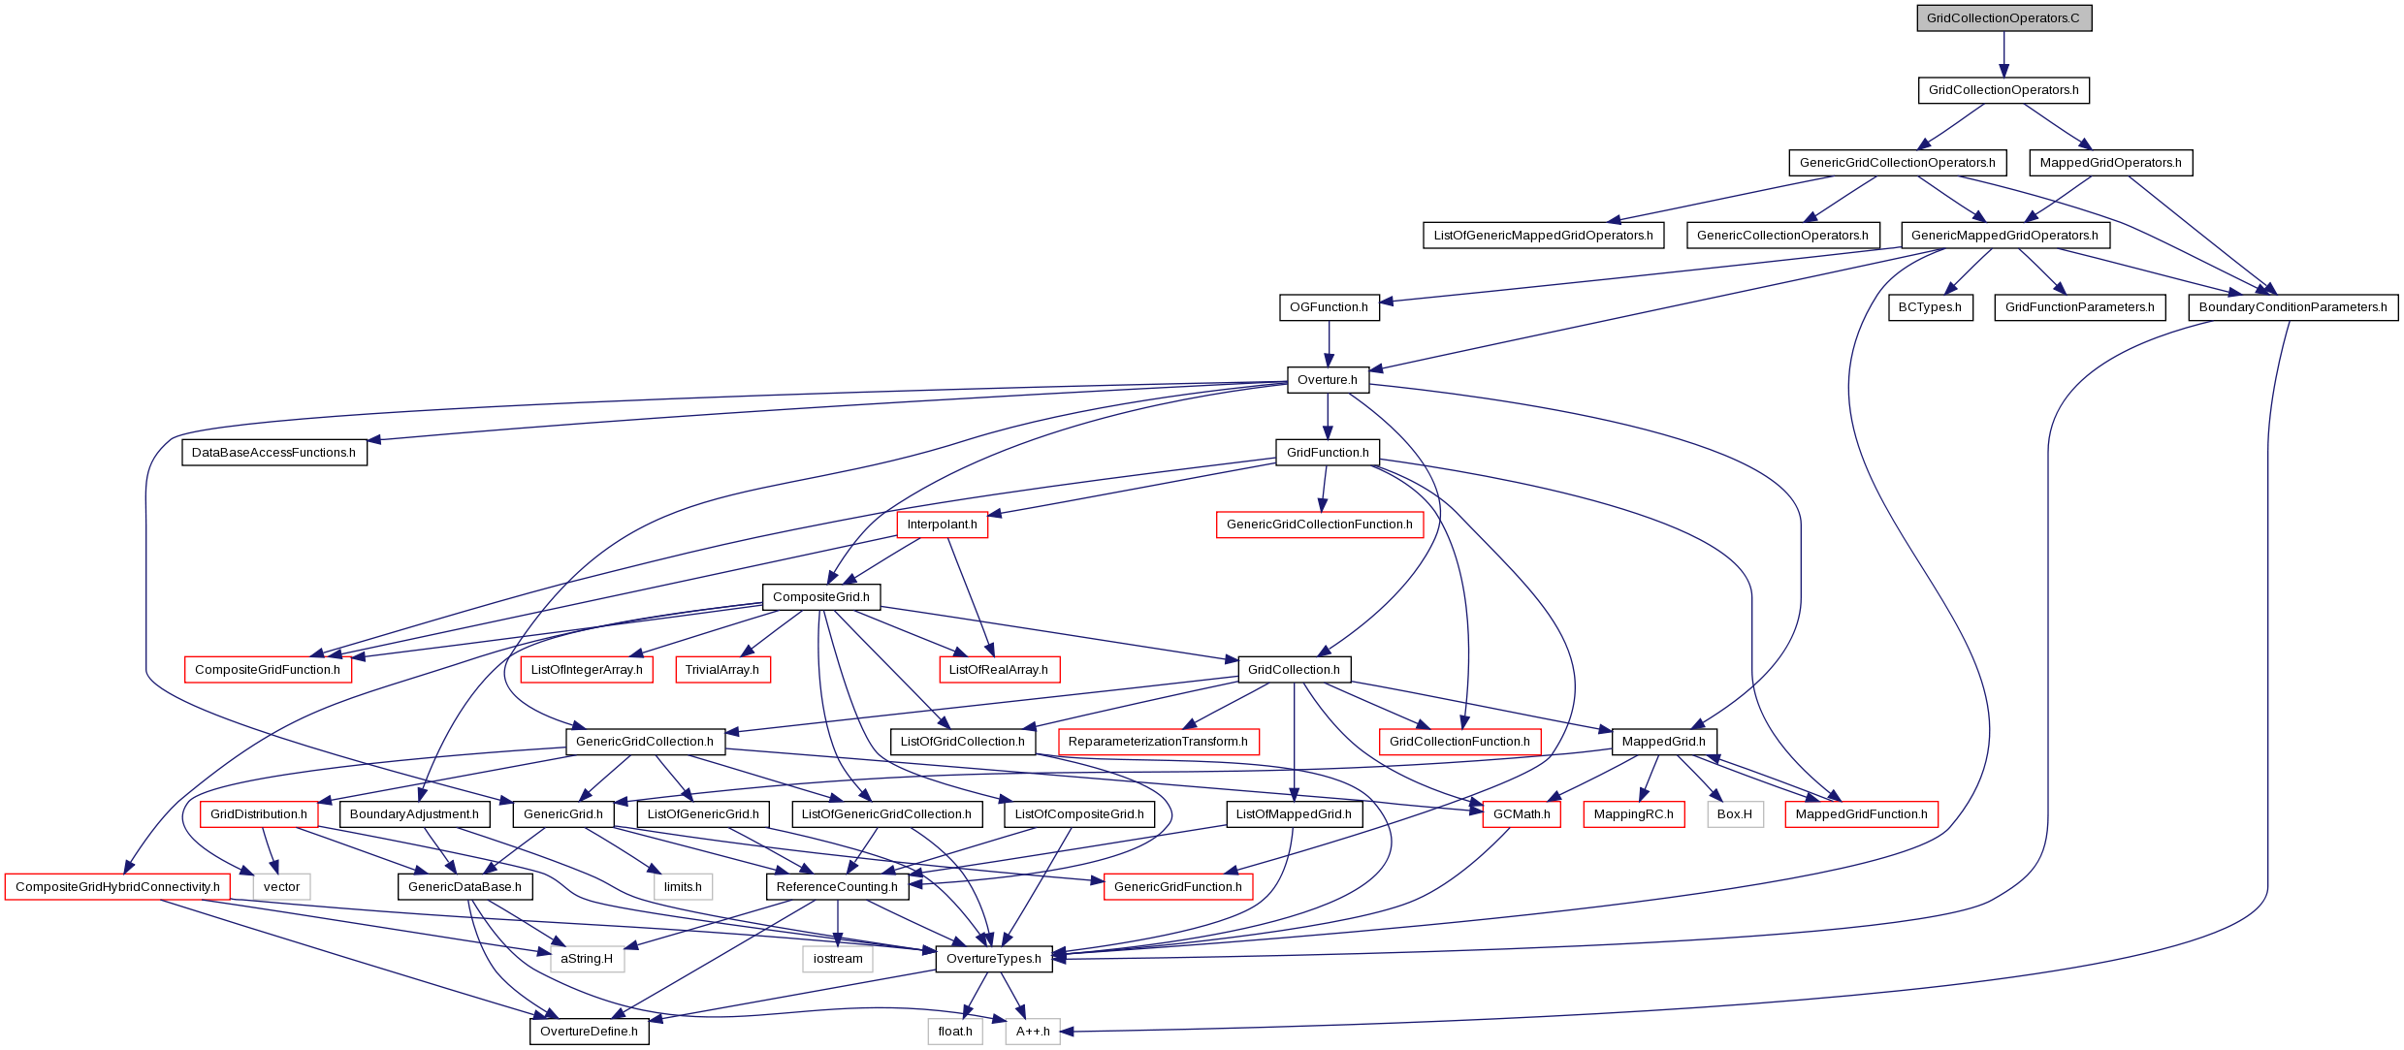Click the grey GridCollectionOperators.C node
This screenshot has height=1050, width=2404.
(x=2003, y=18)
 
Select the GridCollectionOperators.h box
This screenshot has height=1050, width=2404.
(x=2003, y=90)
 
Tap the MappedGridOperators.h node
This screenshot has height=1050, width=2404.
(x=2110, y=163)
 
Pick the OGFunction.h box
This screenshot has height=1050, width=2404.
(x=1329, y=307)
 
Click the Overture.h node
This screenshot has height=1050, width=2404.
(x=1328, y=380)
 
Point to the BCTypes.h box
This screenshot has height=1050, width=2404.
(x=1930, y=307)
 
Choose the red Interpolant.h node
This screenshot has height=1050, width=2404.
(x=943, y=525)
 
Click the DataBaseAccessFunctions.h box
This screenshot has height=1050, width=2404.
(x=274, y=453)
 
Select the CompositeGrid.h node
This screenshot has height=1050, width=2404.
(x=821, y=597)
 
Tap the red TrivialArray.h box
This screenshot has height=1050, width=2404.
(x=722, y=670)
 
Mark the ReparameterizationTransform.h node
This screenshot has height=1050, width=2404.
(x=1158, y=742)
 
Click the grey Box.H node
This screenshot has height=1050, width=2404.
(x=1735, y=814)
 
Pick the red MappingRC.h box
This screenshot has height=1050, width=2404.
(x=1634, y=814)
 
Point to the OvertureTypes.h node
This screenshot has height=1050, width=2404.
(x=994, y=959)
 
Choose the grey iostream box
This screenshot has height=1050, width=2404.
(x=838, y=959)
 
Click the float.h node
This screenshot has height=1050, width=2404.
(x=955, y=1032)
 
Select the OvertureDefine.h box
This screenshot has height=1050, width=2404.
(x=590, y=1032)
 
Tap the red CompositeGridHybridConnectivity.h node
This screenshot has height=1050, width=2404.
(x=117, y=887)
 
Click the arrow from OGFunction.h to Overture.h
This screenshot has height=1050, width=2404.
(x=1329, y=343)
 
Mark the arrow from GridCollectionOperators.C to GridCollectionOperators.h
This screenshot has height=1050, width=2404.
(x=2003, y=54)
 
